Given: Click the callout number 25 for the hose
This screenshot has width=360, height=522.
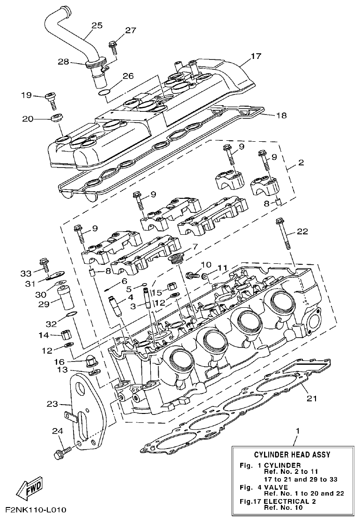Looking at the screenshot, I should (96, 26).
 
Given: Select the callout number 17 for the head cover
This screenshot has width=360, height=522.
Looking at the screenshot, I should (255, 57).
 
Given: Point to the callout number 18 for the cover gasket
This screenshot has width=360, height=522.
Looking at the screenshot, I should (282, 115).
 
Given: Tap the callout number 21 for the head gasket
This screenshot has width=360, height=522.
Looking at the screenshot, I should (311, 399).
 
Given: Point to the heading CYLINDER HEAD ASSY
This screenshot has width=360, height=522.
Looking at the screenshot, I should (292, 454).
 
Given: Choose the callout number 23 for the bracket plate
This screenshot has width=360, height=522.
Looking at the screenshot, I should (51, 403).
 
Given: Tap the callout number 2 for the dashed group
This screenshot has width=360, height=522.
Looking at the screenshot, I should (301, 163).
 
